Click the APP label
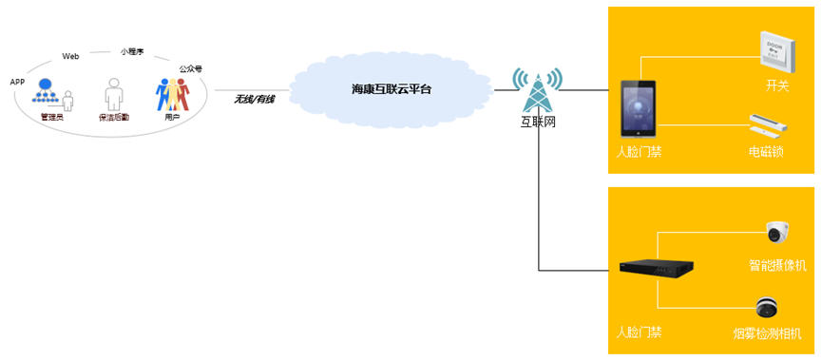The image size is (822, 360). (x=17, y=83)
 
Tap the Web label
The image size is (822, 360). (x=70, y=57)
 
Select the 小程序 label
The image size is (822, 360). (x=131, y=52)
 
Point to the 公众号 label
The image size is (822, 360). (x=191, y=68)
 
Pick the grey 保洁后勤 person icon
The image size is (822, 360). (x=114, y=94)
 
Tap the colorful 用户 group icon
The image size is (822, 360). (x=172, y=94)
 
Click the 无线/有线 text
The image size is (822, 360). (x=254, y=99)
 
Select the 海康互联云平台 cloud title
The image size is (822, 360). (x=392, y=89)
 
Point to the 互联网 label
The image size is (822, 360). (x=537, y=123)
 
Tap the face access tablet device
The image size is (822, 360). (x=638, y=109)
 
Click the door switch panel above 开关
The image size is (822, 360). (x=778, y=54)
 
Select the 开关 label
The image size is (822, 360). (x=777, y=85)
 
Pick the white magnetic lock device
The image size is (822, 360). (x=769, y=124)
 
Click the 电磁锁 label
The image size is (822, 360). (x=766, y=153)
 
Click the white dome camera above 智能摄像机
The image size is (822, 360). (x=777, y=232)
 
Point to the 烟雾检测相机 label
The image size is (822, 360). (x=768, y=333)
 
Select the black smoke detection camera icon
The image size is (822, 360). (x=767, y=307)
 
